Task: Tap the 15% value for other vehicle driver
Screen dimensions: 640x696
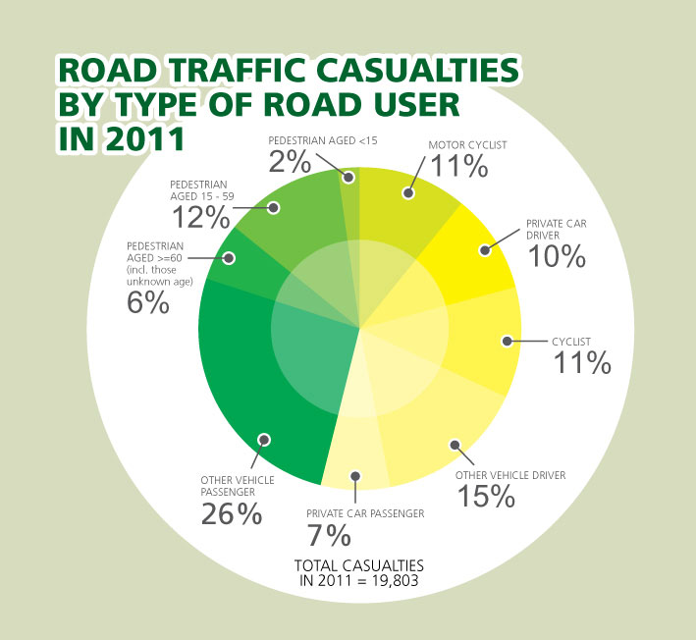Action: (x=486, y=496)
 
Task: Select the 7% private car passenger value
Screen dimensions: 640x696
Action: (x=329, y=535)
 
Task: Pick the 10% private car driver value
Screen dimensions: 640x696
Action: (x=557, y=256)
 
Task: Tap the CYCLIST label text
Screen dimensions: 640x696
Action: (x=571, y=341)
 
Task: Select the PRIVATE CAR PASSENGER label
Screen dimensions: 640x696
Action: (x=364, y=512)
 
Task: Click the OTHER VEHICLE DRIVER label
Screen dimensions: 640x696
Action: (x=510, y=476)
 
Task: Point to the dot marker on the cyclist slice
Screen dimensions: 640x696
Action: (x=507, y=342)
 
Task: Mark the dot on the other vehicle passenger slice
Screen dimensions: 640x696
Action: (x=263, y=440)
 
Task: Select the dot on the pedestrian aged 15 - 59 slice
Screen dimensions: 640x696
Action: (x=274, y=207)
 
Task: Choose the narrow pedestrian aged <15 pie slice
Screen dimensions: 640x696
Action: (x=350, y=196)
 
